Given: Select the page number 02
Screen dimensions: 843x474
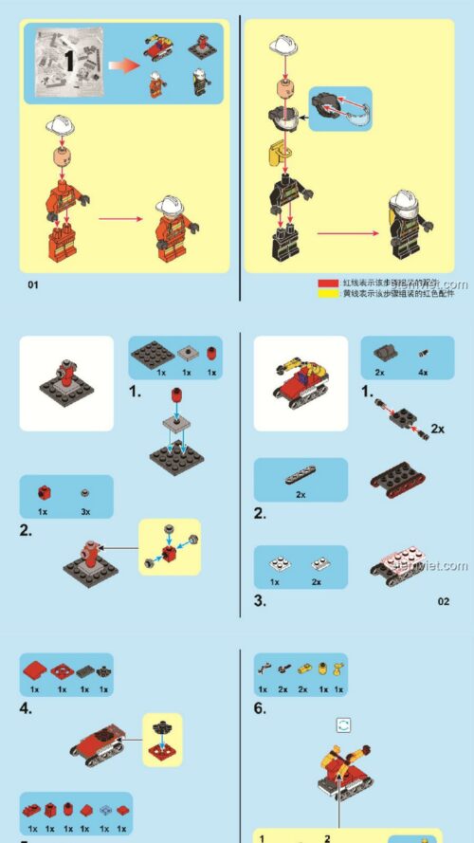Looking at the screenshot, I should tap(444, 600).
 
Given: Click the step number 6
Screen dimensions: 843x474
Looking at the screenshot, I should tap(260, 707).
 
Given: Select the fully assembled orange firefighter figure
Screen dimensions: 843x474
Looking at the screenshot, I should tap(173, 229).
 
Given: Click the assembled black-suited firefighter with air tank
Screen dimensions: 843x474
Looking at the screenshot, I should tap(408, 225).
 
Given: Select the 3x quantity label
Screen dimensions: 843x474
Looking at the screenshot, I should tap(85, 511).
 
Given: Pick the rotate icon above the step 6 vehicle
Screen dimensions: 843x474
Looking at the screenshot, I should tap(344, 724).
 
